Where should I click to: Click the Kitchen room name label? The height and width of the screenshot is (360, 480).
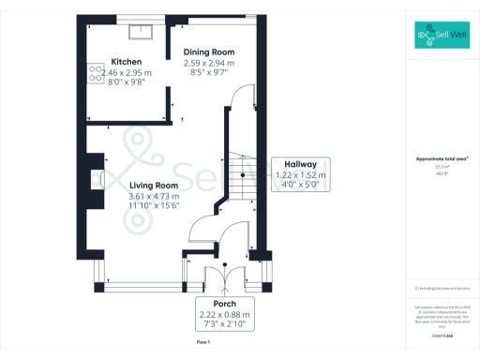pos(126,61)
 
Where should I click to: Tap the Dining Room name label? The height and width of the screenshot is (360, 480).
pos(208,52)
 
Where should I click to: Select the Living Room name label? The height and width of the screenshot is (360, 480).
pos(153,186)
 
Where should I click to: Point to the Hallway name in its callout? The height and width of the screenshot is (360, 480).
pos(298,164)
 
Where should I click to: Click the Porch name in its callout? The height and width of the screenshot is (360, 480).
pos(224,304)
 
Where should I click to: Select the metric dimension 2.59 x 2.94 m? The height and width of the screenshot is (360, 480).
pos(208,62)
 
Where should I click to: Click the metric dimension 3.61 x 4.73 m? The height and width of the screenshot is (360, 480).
pos(153,195)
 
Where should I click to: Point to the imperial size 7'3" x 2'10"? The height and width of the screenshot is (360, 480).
pos(224,324)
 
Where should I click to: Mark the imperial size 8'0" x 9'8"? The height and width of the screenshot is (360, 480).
pos(126,81)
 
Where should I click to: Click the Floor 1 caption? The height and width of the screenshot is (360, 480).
pos(203,344)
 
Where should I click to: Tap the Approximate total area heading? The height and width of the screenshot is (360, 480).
pos(441,159)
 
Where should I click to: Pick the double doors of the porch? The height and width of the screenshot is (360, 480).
pos(225,277)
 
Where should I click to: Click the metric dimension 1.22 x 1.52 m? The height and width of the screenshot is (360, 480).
pos(298,174)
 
